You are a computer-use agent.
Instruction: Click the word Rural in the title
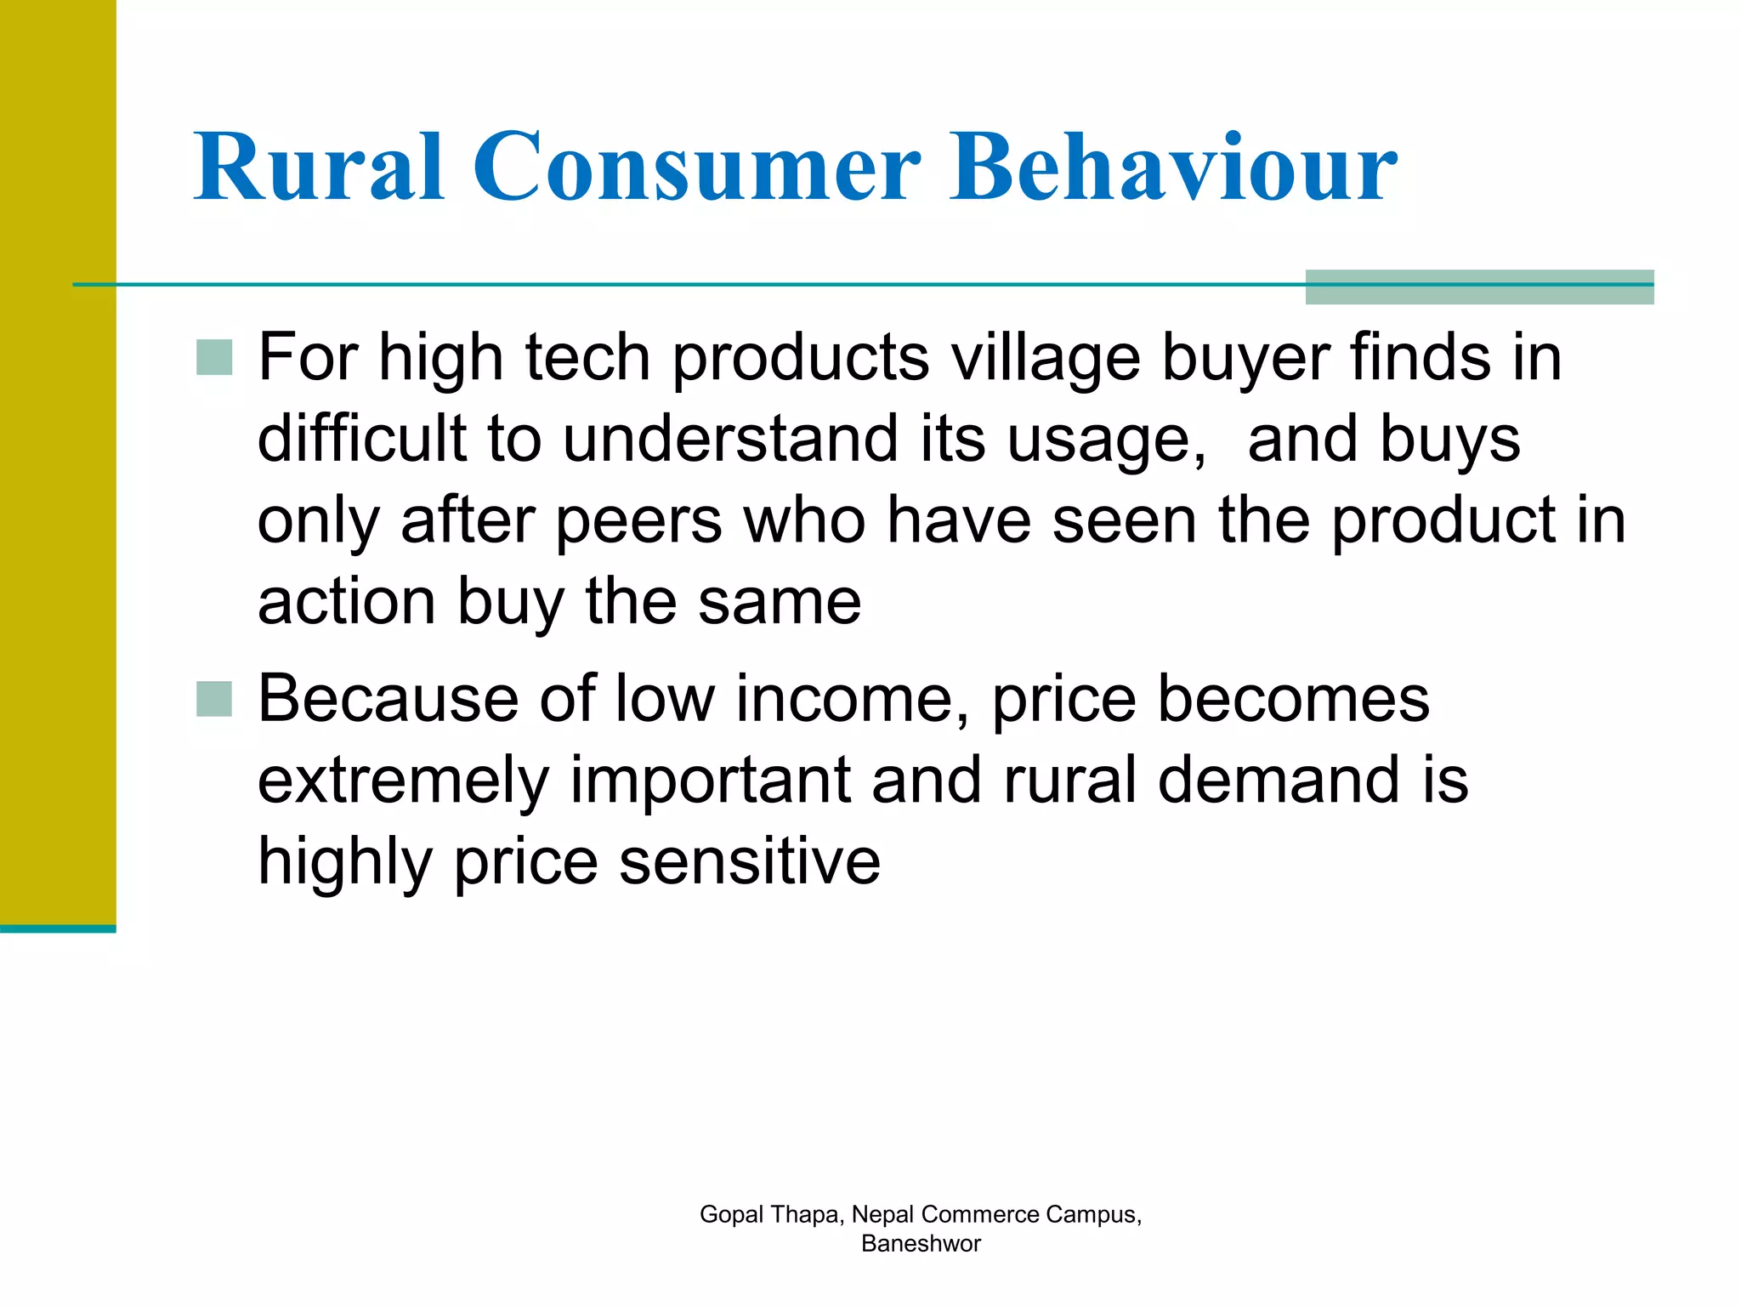coord(319,168)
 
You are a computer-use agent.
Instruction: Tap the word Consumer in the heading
coord(695,168)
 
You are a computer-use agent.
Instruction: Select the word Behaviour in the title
coord(1172,168)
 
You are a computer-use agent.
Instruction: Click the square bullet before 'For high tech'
coord(214,358)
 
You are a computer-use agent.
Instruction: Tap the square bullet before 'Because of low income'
coord(214,699)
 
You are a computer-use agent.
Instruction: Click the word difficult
coord(362,440)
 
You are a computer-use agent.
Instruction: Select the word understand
coord(730,440)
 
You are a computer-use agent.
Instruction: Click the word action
coord(346,602)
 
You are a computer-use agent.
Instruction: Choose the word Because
coord(388,699)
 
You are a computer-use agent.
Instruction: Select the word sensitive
coord(750,861)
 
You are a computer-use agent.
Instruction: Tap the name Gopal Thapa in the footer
coord(770,1214)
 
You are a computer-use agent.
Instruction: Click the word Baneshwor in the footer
coord(921,1244)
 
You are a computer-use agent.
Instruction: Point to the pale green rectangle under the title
coord(1479,287)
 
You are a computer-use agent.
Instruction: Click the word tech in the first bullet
coord(587,358)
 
